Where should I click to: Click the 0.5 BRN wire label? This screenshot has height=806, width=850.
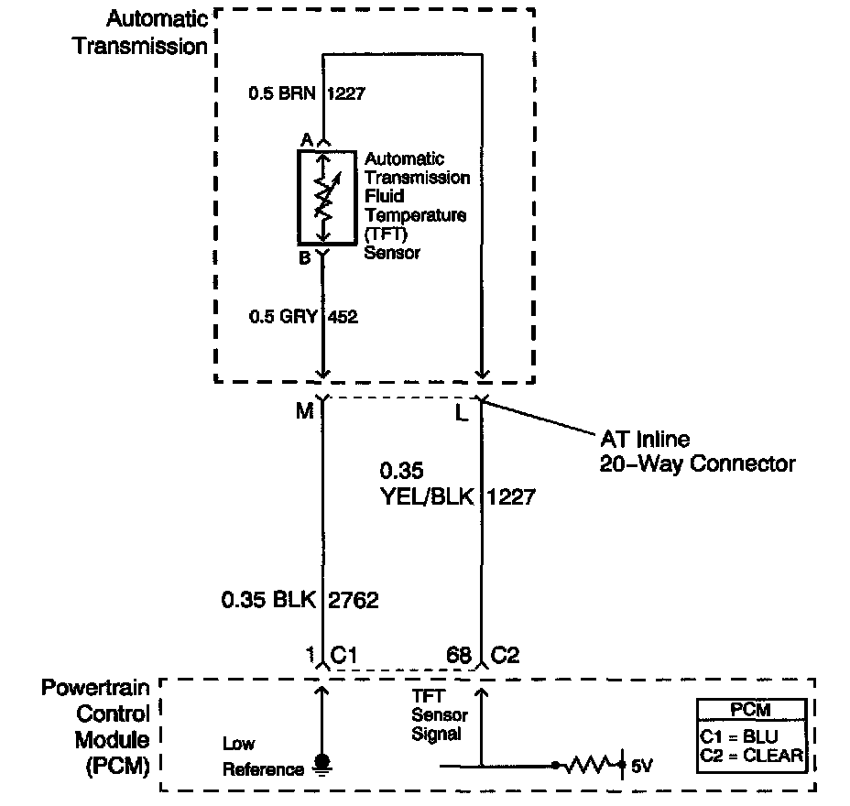(x=283, y=93)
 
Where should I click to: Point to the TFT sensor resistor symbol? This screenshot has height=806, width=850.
(x=322, y=195)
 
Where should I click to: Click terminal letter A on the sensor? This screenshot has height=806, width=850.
(x=307, y=139)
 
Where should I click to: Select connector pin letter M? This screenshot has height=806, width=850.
(x=304, y=411)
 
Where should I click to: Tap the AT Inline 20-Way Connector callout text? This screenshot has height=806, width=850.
(x=696, y=452)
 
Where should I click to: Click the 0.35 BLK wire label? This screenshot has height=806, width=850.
(x=268, y=601)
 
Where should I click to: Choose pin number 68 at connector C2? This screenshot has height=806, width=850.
(x=459, y=656)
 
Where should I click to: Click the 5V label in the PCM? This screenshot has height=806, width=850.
(x=642, y=764)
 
